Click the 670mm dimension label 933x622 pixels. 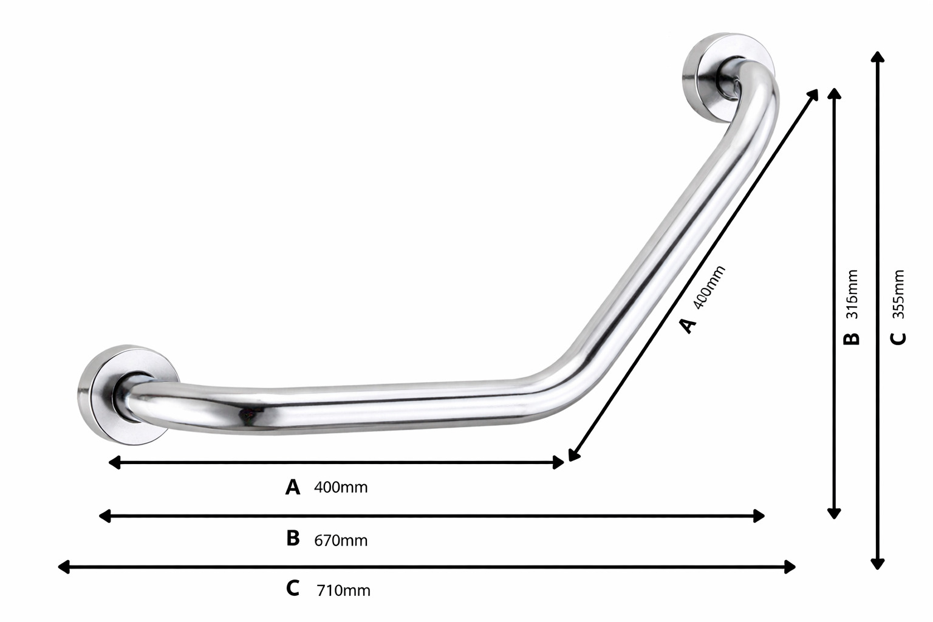[341, 541]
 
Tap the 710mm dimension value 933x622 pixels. [343, 591]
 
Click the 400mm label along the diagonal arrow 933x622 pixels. [709, 287]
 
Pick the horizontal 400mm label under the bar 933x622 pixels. [341, 487]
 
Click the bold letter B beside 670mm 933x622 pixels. [293, 538]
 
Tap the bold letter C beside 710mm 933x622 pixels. [293, 588]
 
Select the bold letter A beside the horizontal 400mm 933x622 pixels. [292, 487]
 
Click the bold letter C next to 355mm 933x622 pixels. [898, 339]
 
